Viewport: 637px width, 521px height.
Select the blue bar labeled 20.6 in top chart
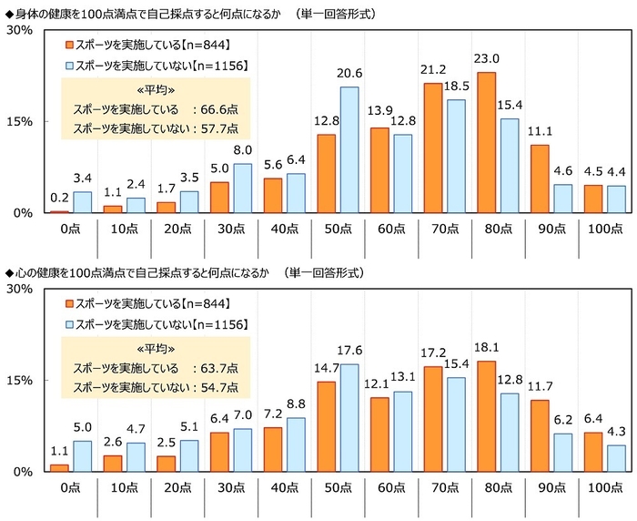[349, 149]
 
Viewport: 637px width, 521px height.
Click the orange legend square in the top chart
[69, 44]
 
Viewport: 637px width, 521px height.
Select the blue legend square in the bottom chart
[69, 324]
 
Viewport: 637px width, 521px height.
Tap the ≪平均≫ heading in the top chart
[155, 88]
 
